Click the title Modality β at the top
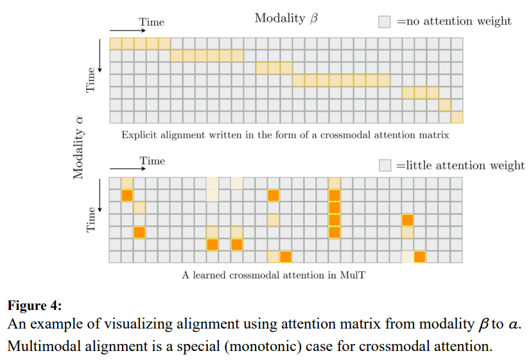click(x=286, y=19)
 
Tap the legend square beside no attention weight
click(x=385, y=22)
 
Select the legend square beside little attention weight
click(x=385, y=165)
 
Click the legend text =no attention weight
click(x=454, y=21)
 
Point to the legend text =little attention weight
click(x=460, y=165)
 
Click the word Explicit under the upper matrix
click(x=140, y=135)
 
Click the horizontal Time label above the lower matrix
click(x=152, y=160)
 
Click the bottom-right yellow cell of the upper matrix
click(x=457, y=117)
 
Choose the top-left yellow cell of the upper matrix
click(x=116, y=44)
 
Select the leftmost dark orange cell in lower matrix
click(x=127, y=195)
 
